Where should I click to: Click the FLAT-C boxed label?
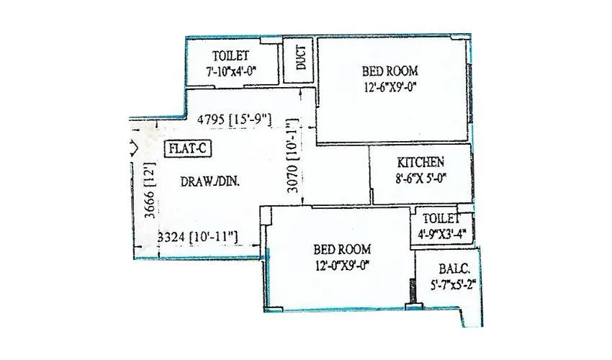pyautogui.click(x=189, y=150)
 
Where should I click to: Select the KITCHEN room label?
pyautogui.click(x=420, y=162)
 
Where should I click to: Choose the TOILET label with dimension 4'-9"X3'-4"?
pyautogui.click(x=441, y=219)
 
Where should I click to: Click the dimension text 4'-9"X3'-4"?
pyautogui.click(x=443, y=233)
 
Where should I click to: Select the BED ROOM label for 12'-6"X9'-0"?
pyautogui.click(x=389, y=71)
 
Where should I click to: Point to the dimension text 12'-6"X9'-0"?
pyautogui.click(x=391, y=88)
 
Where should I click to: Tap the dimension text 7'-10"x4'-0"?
pyautogui.click(x=232, y=71)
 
